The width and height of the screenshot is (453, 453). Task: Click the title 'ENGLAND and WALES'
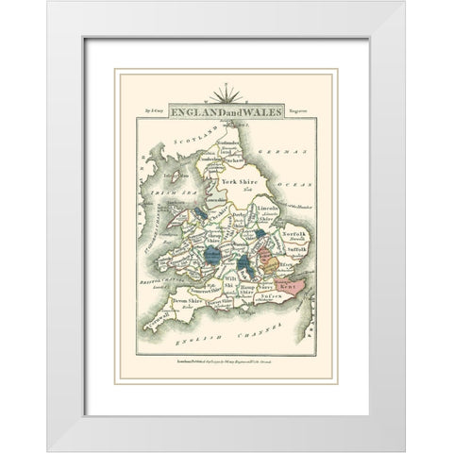point(226,109)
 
